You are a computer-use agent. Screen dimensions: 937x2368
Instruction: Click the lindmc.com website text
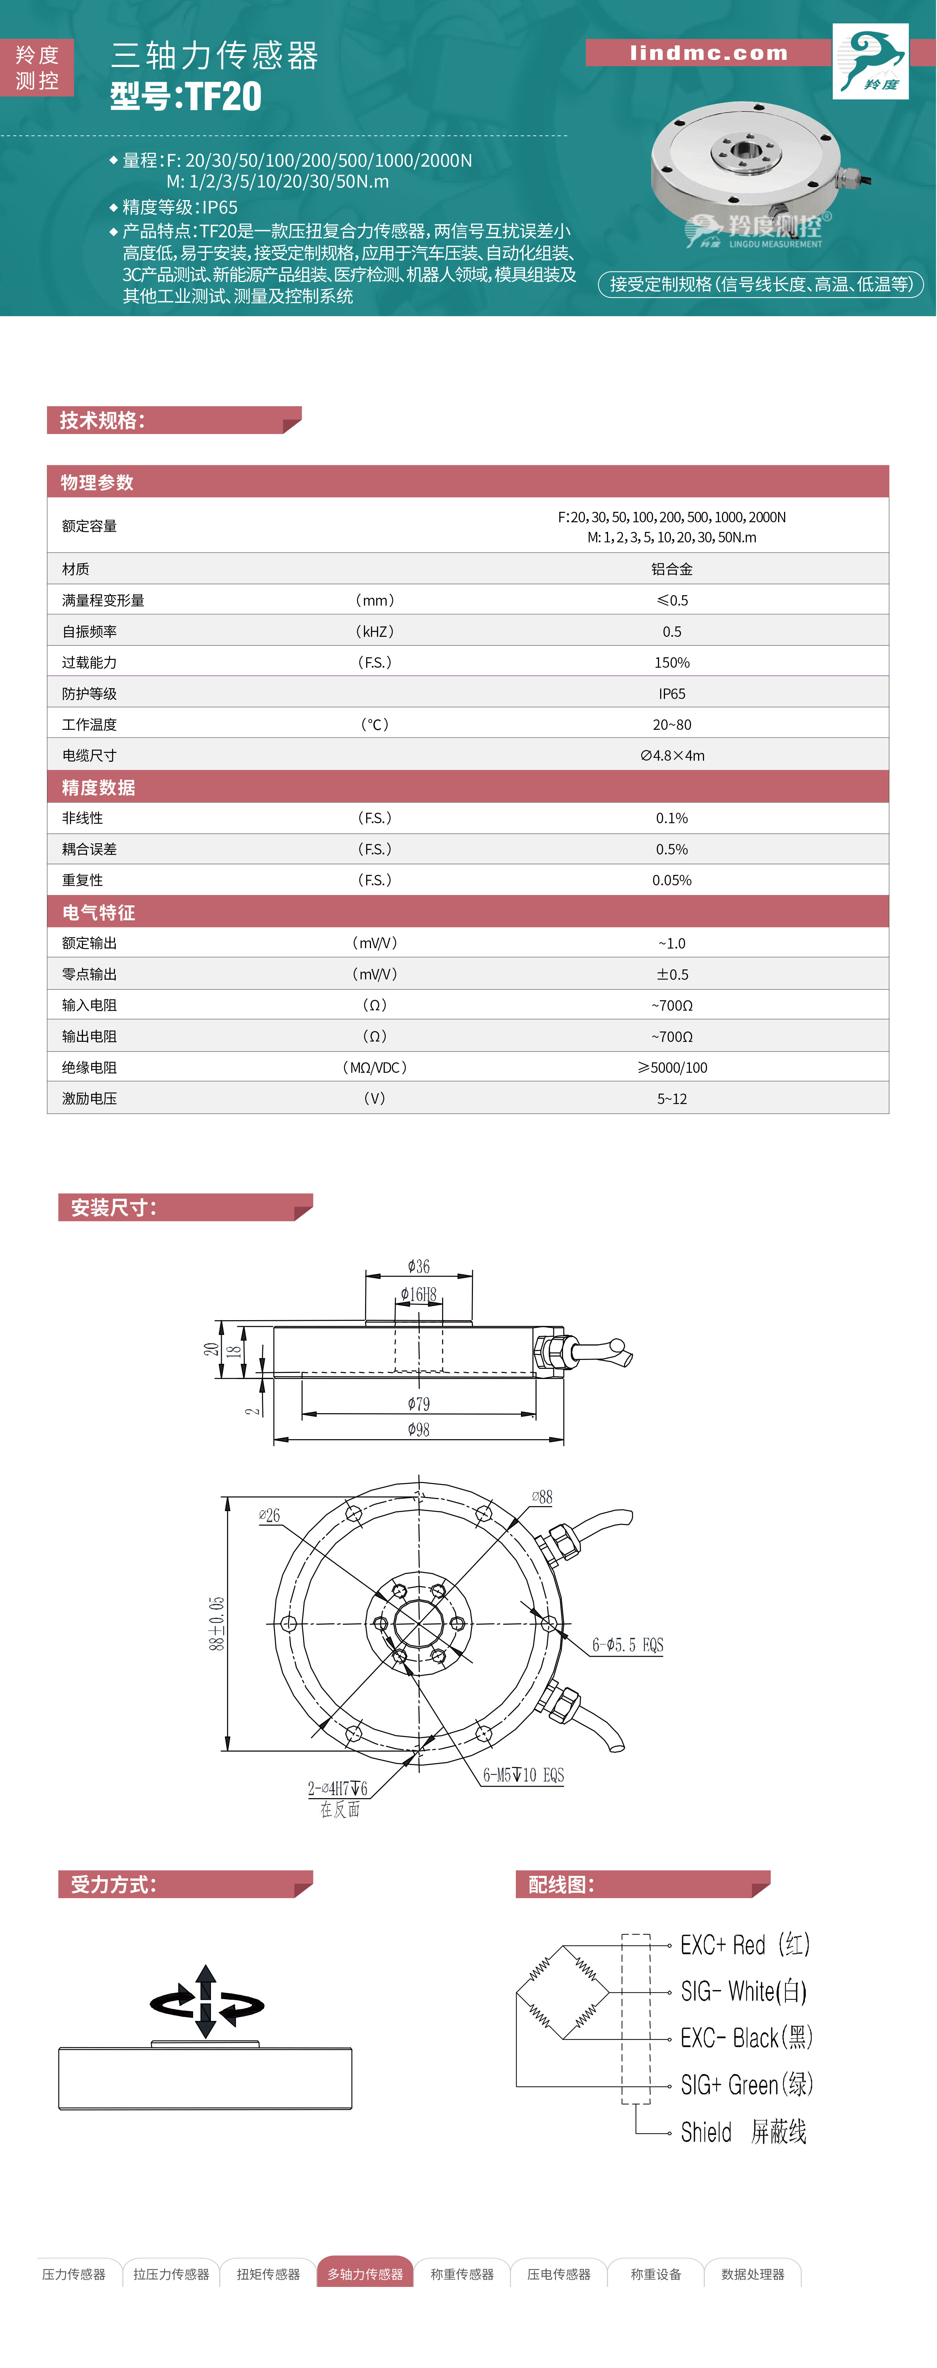click(x=709, y=53)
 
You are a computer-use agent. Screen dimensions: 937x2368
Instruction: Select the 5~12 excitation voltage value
click(x=672, y=1098)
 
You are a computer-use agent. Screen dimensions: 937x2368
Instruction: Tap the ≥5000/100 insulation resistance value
click(x=672, y=1067)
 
